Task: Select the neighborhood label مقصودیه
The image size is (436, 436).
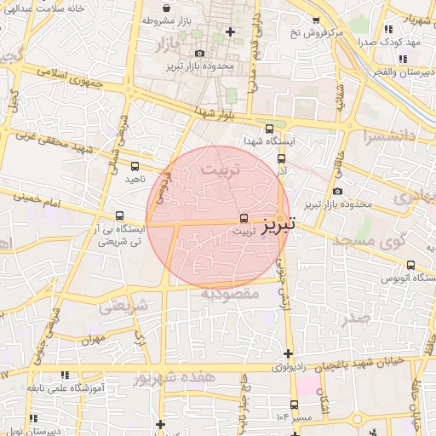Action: [228, 294]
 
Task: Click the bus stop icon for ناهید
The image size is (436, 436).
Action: [135, 166]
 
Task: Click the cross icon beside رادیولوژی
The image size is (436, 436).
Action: [289, 353]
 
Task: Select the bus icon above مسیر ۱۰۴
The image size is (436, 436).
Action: [295, 404]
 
